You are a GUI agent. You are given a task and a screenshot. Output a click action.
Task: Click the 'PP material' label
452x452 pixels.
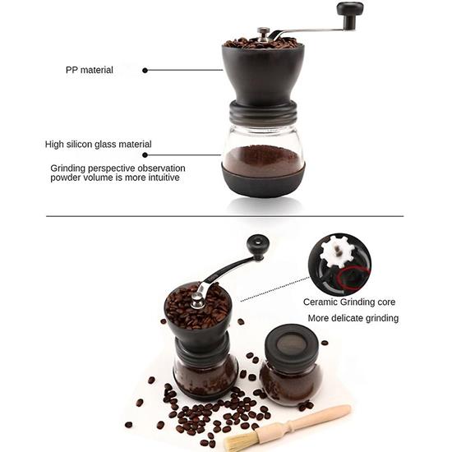(x=89, y=70)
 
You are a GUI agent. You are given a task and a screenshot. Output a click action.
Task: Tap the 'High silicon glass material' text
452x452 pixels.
(x=98, y=144)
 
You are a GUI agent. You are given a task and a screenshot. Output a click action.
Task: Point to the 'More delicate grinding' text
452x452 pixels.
(x=353, y=318)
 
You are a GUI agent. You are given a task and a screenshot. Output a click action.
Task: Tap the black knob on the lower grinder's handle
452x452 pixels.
(x=258, y=244)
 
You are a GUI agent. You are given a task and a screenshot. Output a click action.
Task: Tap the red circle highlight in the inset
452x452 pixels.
(x=353, y=279)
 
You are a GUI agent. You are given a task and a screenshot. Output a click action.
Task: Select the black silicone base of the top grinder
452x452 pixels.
(x=264, y=183)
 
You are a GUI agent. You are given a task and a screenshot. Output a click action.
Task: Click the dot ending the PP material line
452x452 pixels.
(x=145, y=70)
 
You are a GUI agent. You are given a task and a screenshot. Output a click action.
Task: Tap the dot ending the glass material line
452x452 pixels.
(x=145, y=154)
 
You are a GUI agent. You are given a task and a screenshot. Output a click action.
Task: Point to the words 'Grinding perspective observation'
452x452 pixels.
(x=120, y=167)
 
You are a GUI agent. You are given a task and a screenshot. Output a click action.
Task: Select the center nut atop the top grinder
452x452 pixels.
(x=262, y=33)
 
